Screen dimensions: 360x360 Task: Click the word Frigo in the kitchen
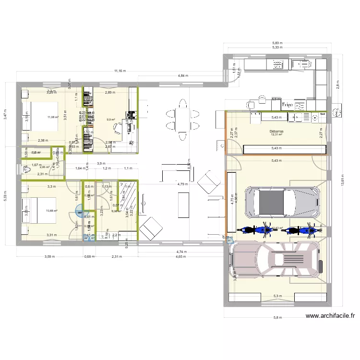tap(288, 104)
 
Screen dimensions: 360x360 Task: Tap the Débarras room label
tap(276, 130)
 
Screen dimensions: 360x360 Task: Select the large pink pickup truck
tap(276, 260)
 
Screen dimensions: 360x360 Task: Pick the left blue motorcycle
tap(254, 230)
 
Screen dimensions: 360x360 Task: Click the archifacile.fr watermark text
tap(330, 316)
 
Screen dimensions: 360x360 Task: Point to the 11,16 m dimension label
tap(120, 71)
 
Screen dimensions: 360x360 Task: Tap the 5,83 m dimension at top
tap(277, 43)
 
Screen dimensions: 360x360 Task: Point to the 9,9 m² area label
tap(111, 120)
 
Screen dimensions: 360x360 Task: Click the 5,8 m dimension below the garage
tap(278, 317)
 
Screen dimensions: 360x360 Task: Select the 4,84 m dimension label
tap(183, 76)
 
